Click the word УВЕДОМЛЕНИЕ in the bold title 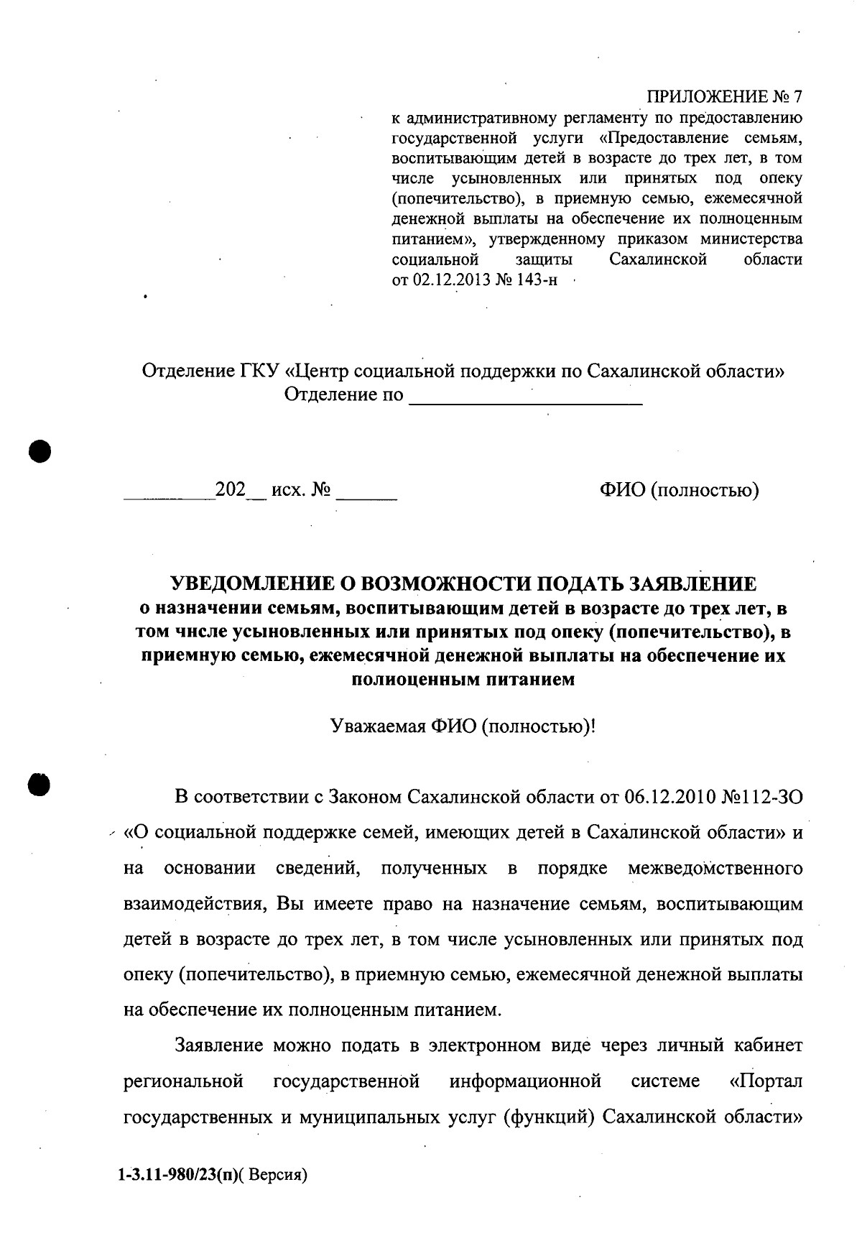(257, 583)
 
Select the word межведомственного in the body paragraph (715, 868)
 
